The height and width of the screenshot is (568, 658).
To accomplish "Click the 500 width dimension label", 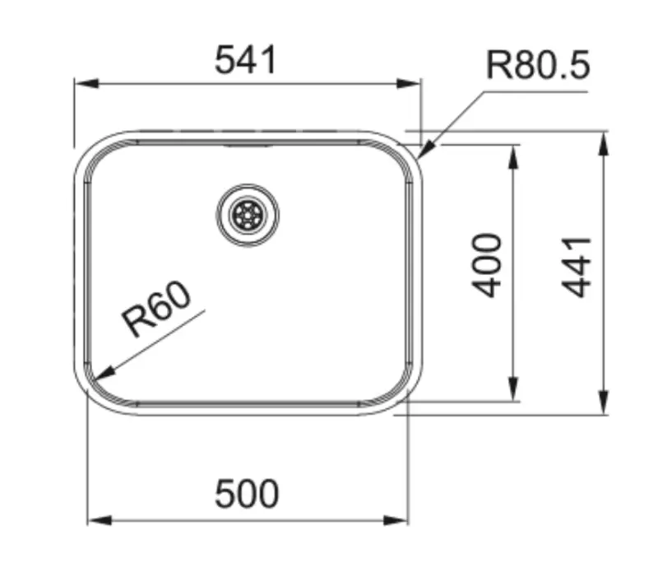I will coord(247,494).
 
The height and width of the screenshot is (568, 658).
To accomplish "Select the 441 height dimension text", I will coord(578,266).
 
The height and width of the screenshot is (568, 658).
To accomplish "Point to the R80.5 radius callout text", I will coord(538,64).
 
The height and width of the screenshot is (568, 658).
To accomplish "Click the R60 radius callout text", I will coord(156,310).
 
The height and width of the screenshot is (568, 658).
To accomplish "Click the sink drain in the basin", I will coord(248,215).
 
